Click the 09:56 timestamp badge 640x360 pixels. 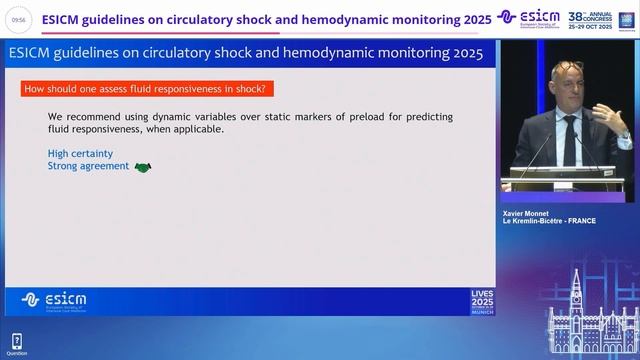point(18,19)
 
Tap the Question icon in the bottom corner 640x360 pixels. point(17,344)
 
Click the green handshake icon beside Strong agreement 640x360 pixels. point(142,167)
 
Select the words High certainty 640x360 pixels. point(80,153)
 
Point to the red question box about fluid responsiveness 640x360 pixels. point(144,89)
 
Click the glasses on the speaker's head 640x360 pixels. point(567,68)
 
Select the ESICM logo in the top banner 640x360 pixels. point(529,18)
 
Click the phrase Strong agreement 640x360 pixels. point(88,166)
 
